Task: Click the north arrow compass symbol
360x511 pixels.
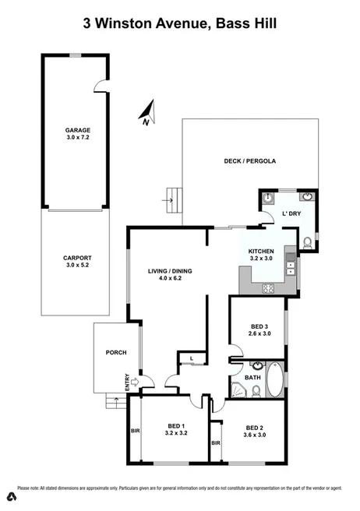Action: point(148,115)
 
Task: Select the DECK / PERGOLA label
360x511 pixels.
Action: point(251,161)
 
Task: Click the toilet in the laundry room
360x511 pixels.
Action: point(308,242)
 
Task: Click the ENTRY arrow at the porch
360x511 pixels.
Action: point(135,382)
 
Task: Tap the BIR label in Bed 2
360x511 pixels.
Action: point(216,443)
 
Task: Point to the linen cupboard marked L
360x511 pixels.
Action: point(192,358)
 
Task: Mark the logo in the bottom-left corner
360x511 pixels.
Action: point(10,497)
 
